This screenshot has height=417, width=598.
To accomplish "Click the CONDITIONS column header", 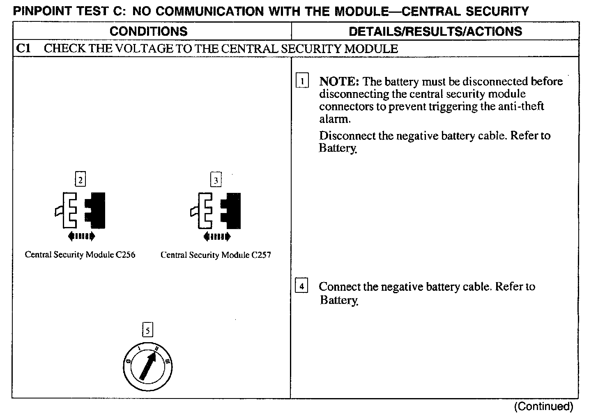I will pos(148,32).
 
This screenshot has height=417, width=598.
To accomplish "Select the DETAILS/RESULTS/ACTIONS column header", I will pos(435,32).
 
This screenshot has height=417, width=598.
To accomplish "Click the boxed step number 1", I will pos(302,81).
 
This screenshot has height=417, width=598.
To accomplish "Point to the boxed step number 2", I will pos(80,180).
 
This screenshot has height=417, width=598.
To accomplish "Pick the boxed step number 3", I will pos(216,180).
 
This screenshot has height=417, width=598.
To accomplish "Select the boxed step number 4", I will pos(301,286).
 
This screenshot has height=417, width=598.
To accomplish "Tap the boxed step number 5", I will pos(147,330).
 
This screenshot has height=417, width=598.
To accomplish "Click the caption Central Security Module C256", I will pos(80,255).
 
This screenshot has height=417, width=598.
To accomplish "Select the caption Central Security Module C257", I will pos(216,255).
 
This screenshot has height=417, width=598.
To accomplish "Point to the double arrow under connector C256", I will pos(81,236).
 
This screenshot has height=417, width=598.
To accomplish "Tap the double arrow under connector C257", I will pos(217,236).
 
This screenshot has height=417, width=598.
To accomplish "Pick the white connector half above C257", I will pos(205,211).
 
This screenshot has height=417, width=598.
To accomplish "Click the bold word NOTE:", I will pos(339,81).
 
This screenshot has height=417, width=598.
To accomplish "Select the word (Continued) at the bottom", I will pos(543,407).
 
